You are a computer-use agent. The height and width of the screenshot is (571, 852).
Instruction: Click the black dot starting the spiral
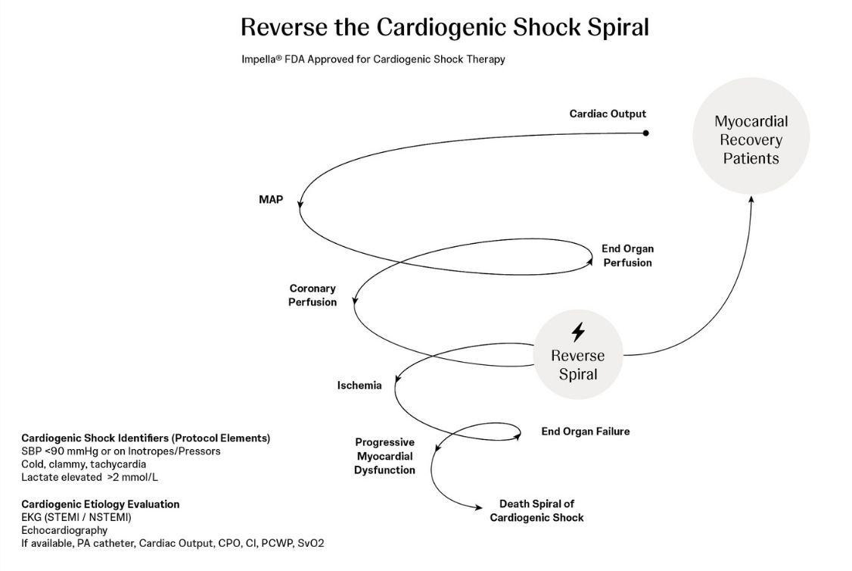pyautogui.click(x=645, y=133)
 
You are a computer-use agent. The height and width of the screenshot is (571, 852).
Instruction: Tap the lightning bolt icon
pyautogui.click(x=578, y=332)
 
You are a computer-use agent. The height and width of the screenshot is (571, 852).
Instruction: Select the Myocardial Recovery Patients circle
pyautogui.click(x=751, y=136)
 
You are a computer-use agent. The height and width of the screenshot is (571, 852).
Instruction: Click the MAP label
pyautogui.click(x=271, y=200)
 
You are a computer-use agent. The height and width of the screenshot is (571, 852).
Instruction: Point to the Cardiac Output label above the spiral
pyautogui.click(x=608, y=114)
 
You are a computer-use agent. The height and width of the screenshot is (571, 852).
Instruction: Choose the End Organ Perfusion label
pyautogui.click(x=627, y=256)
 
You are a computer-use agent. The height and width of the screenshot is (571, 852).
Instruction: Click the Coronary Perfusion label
pyautogui.click(x=313, y=295)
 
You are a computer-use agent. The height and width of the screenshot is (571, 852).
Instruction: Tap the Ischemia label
pyautogui.click(x=359, y=385)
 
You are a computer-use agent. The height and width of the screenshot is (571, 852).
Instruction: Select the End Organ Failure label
pyautogui.click(x=585, y=431)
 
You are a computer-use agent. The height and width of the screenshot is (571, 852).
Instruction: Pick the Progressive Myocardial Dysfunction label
pyautogui.click(x=384, y=456)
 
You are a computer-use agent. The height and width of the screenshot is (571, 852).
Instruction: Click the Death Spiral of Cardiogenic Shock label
pyautogui.click(x=536, y=510)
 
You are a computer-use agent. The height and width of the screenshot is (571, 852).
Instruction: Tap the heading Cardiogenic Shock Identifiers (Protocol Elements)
pyautogui.click(x=145, y=438)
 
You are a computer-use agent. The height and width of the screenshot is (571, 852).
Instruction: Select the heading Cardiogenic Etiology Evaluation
pyautogui.click(x=101, y=504)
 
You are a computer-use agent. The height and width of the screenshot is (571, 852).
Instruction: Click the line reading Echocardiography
pyautogui.click(x=64, y=530)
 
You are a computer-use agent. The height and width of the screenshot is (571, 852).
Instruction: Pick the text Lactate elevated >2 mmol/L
pyautogui.click(x=89, y=477)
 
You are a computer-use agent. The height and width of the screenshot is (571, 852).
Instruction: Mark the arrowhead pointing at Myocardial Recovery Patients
pyautogui.click(x=751, y=199)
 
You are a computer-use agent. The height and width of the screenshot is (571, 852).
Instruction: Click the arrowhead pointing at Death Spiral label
pyautogui.click(x=479, y=508)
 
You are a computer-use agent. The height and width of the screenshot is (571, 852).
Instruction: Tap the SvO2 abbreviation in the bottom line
pyautogui.click(x=311, y=543)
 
